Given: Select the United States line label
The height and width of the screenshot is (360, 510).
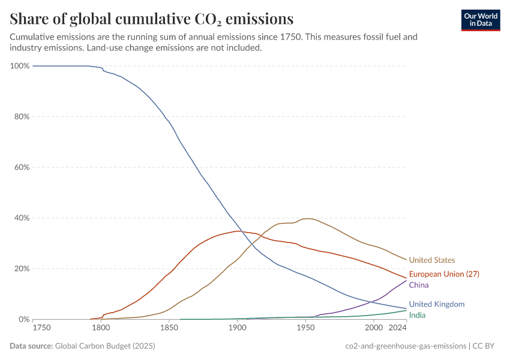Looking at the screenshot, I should (432, 260).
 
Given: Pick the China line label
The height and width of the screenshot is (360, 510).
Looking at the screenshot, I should (419, 285).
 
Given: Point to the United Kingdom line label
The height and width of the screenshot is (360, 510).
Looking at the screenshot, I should (436, 304).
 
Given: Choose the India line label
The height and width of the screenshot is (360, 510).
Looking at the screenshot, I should (418, 315).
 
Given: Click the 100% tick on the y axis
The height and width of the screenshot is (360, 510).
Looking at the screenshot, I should (20, 66).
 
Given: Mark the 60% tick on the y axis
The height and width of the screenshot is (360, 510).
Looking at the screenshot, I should (22, 167).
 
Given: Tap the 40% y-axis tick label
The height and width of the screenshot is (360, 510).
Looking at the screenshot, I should (22, 218).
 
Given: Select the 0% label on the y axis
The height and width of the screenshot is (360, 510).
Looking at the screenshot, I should (23, 320).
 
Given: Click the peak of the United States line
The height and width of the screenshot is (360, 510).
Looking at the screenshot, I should (307, 218).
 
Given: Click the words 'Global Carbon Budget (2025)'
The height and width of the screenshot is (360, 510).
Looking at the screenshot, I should (104, 346).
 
